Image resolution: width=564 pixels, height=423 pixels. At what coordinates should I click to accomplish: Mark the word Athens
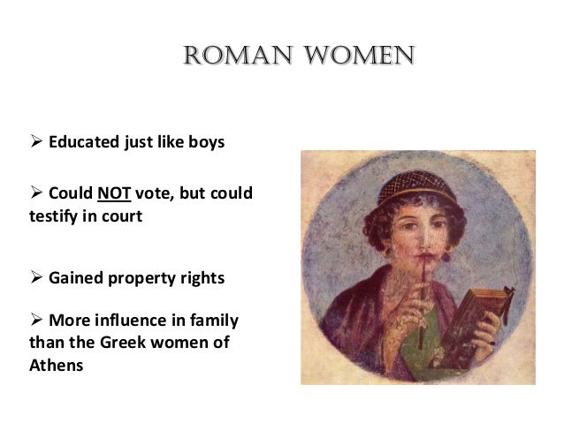pos(57,364)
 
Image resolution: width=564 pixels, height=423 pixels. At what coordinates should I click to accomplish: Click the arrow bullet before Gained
pos(36,279)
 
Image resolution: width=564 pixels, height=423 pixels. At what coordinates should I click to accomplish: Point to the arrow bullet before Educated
pos(36,141)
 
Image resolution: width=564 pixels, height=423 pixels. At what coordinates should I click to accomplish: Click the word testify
pos(57,215)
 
